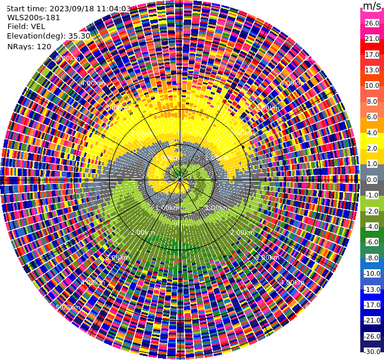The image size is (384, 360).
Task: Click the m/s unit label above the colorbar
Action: coord(372,6)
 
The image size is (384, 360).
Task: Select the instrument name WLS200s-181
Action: coord(34,17)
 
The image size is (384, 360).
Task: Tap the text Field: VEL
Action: coord(26,26)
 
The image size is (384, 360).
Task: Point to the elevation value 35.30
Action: coord(79,36)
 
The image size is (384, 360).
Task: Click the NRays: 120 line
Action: coord(29,46)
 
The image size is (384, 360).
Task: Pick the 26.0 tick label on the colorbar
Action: coord(372,23)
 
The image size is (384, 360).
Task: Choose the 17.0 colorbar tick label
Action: coord(372,55)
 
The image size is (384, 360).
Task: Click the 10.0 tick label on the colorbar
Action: coord(372,86)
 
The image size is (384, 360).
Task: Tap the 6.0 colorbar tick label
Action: coord(372,117)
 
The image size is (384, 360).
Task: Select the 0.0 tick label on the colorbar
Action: coord(372,180)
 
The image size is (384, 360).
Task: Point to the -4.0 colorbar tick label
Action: coord(372,227)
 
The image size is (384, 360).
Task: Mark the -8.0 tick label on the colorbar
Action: coord(372,258)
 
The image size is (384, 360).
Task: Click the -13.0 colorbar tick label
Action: coord(372,289)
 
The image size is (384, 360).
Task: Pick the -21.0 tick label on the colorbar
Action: coord(372,320)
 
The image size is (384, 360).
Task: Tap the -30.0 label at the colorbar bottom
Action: coord(372,351)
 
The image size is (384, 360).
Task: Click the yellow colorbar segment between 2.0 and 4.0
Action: coord(372,141)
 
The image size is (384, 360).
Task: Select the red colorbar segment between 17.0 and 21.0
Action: coord(372,47)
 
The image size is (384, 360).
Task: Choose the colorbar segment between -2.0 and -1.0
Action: coord(372,203)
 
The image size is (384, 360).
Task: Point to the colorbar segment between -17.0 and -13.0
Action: coord(372,297)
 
